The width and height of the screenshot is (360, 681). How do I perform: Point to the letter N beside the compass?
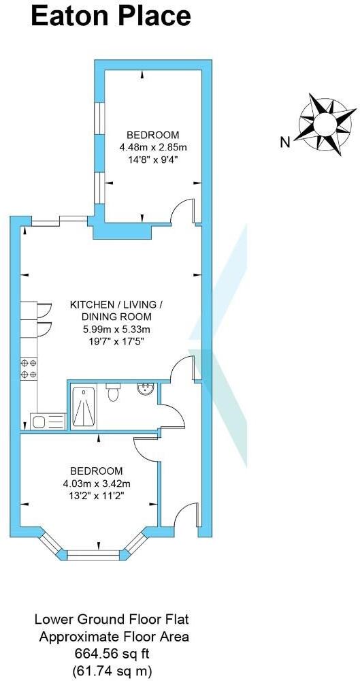[285, 142]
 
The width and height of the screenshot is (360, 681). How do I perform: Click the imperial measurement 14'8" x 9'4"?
[153, 159]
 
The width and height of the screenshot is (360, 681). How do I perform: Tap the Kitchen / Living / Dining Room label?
[116, 311]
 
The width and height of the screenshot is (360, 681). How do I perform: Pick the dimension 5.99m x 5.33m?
[116, 330]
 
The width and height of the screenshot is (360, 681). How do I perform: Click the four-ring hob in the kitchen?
[29, 368]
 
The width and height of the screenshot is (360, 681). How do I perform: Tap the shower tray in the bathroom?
[85, 406]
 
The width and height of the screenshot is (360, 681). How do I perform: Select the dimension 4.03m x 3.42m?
[97, 484]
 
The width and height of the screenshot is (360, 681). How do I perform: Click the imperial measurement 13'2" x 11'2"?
[97, 496]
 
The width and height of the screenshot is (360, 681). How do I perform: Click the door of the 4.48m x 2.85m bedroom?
[182, 211]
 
